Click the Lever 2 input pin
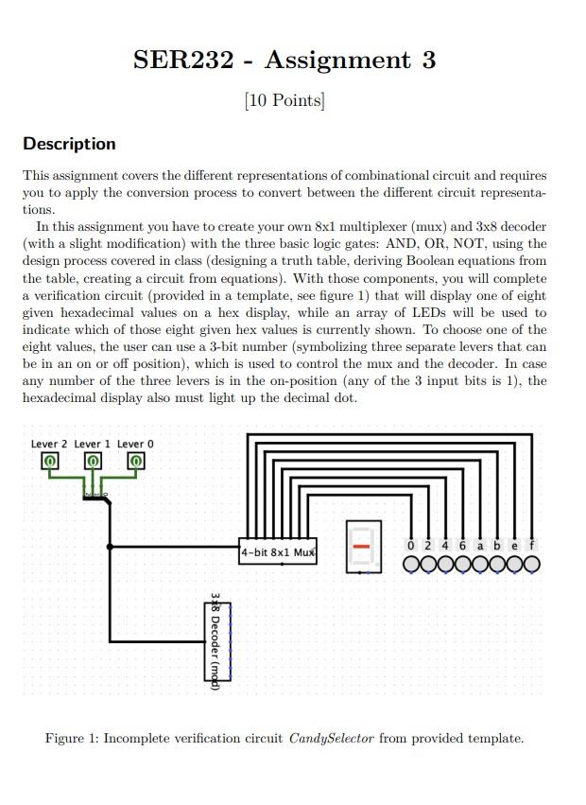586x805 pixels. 49,462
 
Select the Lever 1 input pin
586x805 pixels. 93,462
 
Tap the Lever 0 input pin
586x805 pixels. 135,462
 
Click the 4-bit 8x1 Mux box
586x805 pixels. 278,551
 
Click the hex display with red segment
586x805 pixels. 361,547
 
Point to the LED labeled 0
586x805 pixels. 412,565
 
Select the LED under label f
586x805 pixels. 531,565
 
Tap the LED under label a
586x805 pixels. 480,565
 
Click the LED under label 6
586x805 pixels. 463,565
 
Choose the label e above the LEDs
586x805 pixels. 514,546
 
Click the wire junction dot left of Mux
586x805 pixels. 111,547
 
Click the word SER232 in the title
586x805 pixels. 182,61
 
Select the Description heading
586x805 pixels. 69,144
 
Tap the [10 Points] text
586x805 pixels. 284,100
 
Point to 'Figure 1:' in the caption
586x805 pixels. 71,738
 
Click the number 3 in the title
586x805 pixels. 428,61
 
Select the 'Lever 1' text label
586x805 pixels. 92,444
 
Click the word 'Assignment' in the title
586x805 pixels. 337,61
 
